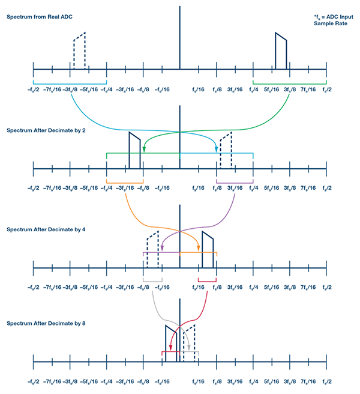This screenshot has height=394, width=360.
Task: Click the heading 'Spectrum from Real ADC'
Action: [x=40, y=17]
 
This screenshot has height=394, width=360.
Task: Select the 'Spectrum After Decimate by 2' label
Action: [x=46, y=130]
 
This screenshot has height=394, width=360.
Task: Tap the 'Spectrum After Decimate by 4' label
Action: [x=46, y=229]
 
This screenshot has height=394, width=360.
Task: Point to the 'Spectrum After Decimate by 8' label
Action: [x=46, y=323]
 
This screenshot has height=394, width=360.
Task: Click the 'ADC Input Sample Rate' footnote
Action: [x=334, y=20]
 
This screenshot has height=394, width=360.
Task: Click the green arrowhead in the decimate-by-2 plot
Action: [x=144, y=150]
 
